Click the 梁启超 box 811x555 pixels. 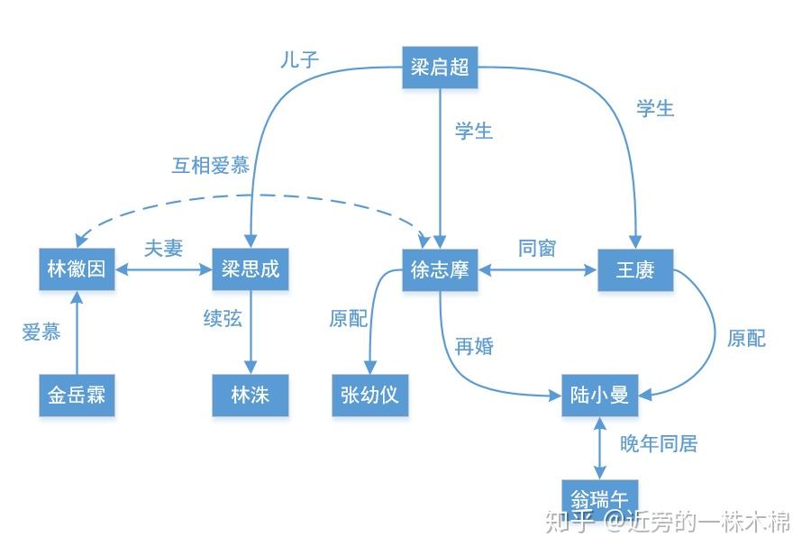click(440, 68)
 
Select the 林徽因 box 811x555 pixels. click(77, 269)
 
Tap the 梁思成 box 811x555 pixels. click(251, 269)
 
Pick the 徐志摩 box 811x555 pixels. click(440, 269)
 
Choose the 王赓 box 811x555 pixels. click(635, 269)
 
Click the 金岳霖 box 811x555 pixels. click(77, 395)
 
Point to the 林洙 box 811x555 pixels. click(251, 395)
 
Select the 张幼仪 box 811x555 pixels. click(369, 395)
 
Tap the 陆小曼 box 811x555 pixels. click(600, 395)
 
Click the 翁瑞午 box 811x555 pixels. click(600, 496)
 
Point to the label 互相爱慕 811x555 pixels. click(211, 166)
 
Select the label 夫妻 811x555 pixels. click(163, 248)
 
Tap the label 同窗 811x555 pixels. click(537, 248)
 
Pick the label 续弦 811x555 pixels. click(223, 318)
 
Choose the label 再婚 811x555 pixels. click(474, 346)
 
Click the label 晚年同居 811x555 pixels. click(659, 443)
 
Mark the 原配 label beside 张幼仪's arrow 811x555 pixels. click(349, 319)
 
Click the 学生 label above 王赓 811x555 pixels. click(655, 109)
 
